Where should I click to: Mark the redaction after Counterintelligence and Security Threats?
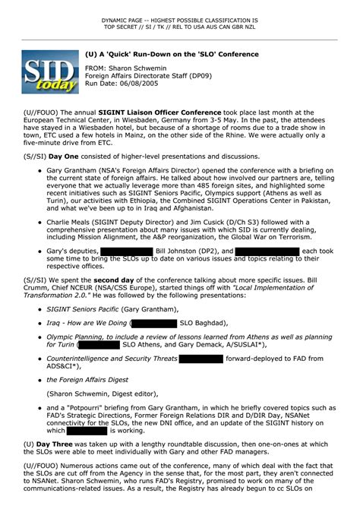[x=206, y=358]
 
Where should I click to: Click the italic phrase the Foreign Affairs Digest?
[x=86, y=380]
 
